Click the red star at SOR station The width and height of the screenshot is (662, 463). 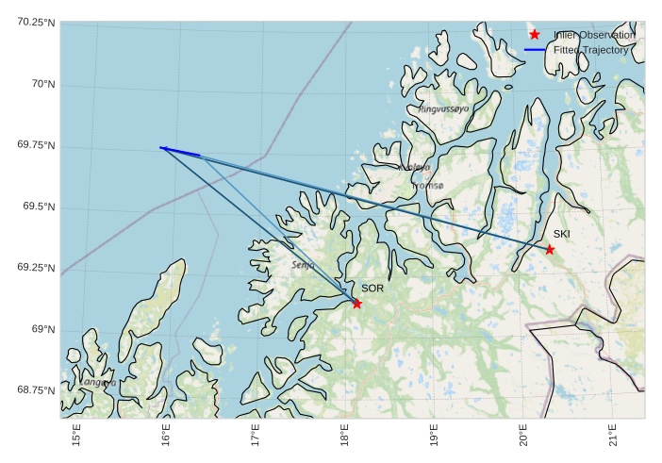tap(356, 303)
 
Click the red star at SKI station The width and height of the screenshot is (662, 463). tap(550, 249)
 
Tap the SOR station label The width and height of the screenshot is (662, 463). tap(372, 289)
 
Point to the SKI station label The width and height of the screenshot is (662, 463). tap(561, 234)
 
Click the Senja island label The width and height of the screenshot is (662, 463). tap(304, 265)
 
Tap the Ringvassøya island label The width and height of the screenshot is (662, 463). tap(443, 109)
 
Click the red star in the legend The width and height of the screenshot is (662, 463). tap(535, 34)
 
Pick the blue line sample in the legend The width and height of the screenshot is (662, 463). tap(535, 50)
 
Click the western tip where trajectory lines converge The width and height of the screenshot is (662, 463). tap(161, 147)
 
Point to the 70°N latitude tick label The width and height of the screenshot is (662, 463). tap(41, 84)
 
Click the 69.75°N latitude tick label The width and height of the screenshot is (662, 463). tap(37, 145)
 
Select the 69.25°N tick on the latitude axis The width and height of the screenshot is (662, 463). tap(37, 268)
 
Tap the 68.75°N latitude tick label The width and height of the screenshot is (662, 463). tap(37, 390)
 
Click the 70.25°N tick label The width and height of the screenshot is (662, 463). tap(37, 23)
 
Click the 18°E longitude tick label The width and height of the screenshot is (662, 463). tap(344, 438)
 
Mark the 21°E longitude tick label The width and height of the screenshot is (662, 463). tap(612, 438)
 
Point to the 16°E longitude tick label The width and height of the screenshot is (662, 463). tap(166, 438)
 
